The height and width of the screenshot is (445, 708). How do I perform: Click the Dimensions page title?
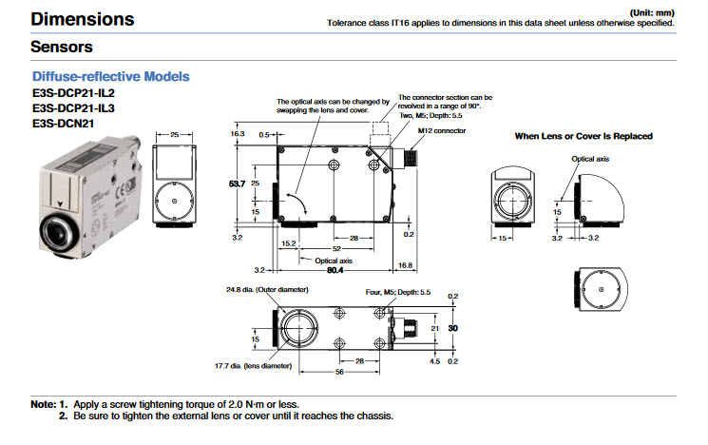tap(83, 19)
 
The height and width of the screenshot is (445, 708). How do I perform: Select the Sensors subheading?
tap(61, 46)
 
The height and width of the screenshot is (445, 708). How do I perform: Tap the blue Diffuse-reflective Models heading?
tap(110, 76)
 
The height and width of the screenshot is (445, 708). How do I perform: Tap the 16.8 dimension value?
tap(405, 264)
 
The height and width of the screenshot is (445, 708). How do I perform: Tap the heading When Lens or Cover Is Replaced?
tap(583, 136)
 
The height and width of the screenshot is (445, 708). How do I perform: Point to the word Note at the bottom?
tap(43, 404)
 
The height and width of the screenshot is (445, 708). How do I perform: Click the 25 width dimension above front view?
tap(174, 135)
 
